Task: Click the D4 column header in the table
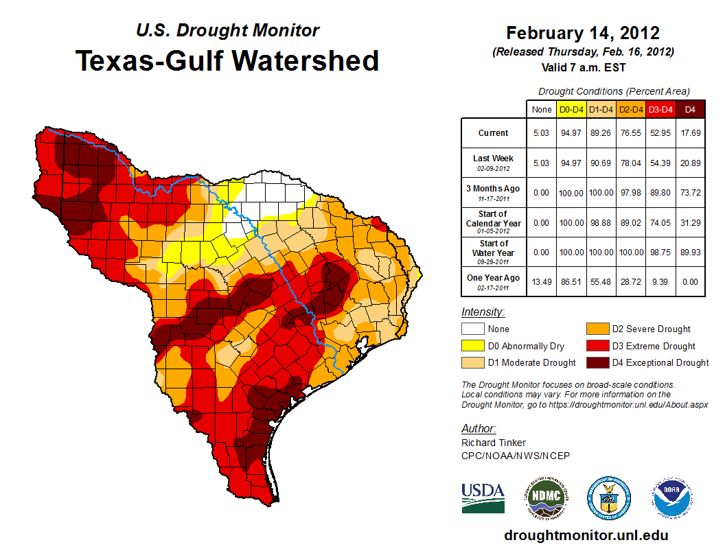click(690, 109)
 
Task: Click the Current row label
click(494, 133)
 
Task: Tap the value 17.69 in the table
click(690, 133)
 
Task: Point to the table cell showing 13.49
click(541, 281)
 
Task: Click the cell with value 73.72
click(690, 193)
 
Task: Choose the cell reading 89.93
click(690, 252)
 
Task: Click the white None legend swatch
click(473, 329)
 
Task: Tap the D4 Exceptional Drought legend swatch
click(597, 362)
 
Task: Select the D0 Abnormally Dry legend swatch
click(473, 346)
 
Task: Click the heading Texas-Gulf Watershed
click(227, 60)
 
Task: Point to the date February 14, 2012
click(582, 33)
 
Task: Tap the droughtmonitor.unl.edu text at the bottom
click(586, 535)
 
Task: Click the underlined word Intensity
click(483, 312)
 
